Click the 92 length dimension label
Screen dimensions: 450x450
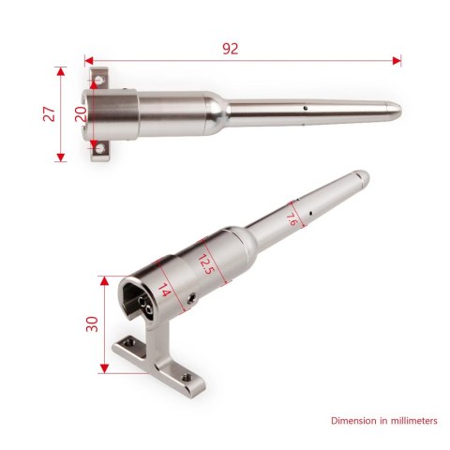pyautogui.click(x=230, y=49)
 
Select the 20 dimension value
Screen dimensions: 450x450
pyautogui.click(x=81, y=112)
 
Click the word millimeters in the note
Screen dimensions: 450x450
pyautogui.click(x=406, y=421)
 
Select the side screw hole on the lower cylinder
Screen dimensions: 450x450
pyautogui.click(x=192, y=300)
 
